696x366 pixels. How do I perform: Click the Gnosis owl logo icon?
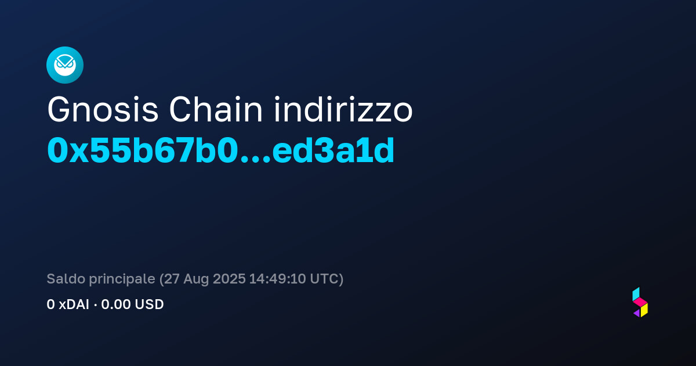[x=65, y=65]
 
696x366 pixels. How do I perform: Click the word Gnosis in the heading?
[x=103, y=110]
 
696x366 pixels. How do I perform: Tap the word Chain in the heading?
[x=216, y=109]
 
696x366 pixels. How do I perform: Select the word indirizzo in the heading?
[x=343, y=109]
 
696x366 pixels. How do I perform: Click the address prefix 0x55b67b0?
[x=142, y=150]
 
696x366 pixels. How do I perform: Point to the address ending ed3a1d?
[x=333, y=150]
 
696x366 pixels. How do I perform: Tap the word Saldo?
[x=66, y=278]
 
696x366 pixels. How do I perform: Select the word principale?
[x=122, y=279]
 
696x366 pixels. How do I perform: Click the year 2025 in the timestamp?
[x=229, y=279]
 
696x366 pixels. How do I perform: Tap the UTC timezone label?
[x=324, y=279]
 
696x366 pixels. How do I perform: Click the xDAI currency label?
[x=74, y=304]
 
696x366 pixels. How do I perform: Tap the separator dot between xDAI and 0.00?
[x=95, y=304]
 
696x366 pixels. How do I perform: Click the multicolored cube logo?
[x=640, y=302]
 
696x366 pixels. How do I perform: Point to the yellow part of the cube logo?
[x=644, y=310]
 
